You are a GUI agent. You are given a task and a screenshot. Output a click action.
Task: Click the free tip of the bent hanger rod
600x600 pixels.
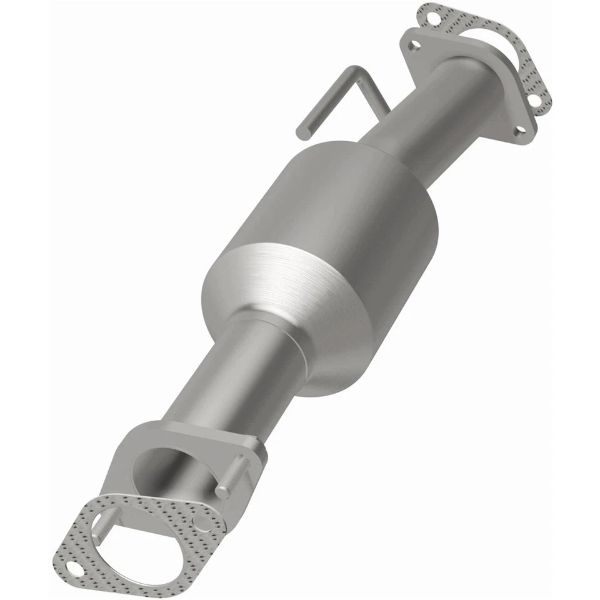coord(302,133)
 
